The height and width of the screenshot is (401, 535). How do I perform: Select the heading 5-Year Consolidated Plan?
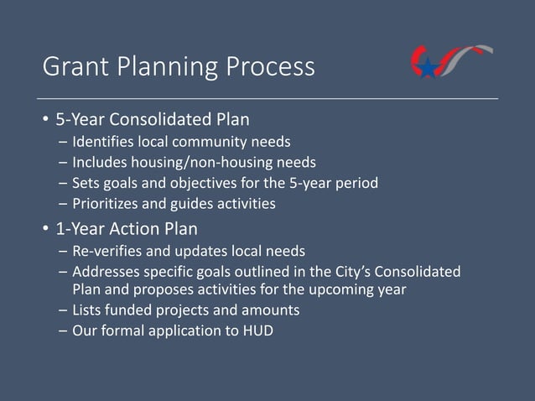click(153, 118)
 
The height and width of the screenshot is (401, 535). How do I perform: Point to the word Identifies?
click(104, 140)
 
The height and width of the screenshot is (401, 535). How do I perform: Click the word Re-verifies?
click(107, 252)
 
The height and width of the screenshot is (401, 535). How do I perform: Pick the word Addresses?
click(106, 273)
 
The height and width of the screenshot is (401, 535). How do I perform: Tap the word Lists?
click(88, 310)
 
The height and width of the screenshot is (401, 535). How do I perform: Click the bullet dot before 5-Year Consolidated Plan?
click(46, 119)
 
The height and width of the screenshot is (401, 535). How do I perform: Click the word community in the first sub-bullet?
click(213, 140)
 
